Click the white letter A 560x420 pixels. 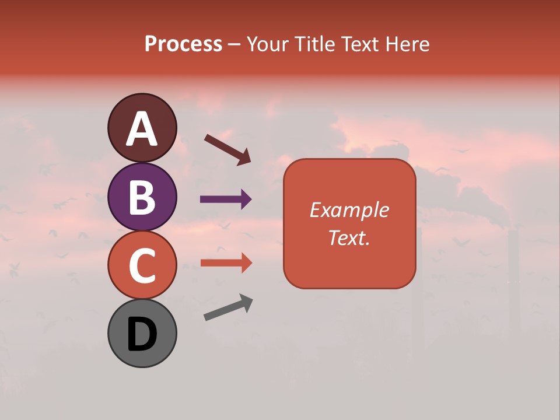click(x=142, y=129)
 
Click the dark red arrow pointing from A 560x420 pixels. click(x=228, y=149)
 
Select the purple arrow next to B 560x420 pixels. click(x=226, y=199)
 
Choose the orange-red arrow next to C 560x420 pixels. click(x=226, y=262)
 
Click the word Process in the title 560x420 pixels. click(x=183, y=44)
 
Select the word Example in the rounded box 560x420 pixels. click(x=349, y=210)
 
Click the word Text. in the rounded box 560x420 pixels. click(x=349, y=237)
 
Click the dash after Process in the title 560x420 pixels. click(x=234, y=45)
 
